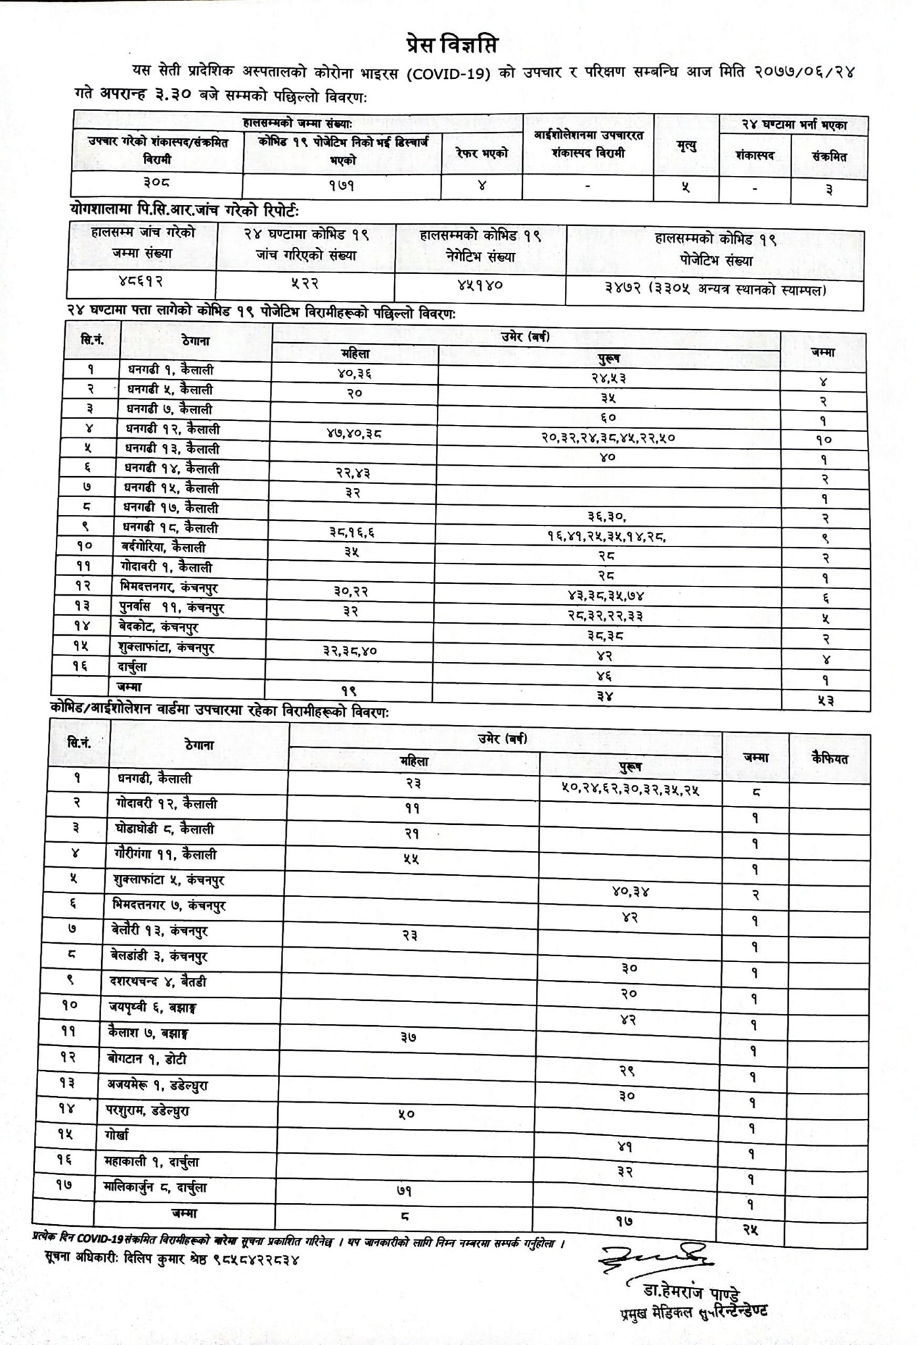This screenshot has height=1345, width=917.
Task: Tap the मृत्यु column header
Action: (686, 146)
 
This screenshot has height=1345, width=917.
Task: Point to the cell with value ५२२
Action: (305, 283)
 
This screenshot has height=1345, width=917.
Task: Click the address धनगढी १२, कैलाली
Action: (173, 430)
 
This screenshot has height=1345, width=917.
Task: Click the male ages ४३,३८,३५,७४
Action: (606, 596)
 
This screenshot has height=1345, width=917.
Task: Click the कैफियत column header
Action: (830, 759)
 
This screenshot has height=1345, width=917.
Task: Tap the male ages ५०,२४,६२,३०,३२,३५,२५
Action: (630, 789)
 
